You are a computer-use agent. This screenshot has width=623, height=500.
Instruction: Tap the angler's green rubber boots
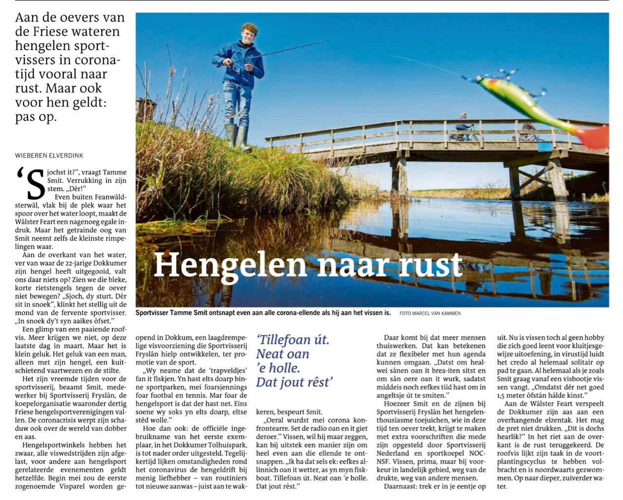[x=238, y=137]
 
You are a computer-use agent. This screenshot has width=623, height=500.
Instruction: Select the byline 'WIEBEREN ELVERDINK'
[x=49, y=155]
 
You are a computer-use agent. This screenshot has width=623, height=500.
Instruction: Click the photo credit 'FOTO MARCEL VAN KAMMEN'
[x=430, y=313]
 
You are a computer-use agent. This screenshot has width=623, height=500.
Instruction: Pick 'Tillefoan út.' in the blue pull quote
[x=293, y=340]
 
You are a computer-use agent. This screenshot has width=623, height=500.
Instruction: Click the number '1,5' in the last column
[x=510, y=395]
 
